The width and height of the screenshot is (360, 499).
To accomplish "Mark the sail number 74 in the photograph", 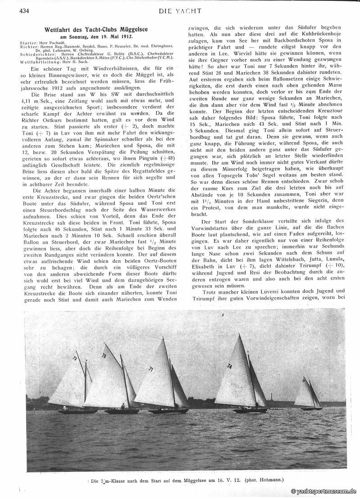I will [229, 366].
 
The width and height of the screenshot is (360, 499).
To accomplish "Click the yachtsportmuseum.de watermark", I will [324, 492].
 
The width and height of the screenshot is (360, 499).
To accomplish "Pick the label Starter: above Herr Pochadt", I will [29, 42].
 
